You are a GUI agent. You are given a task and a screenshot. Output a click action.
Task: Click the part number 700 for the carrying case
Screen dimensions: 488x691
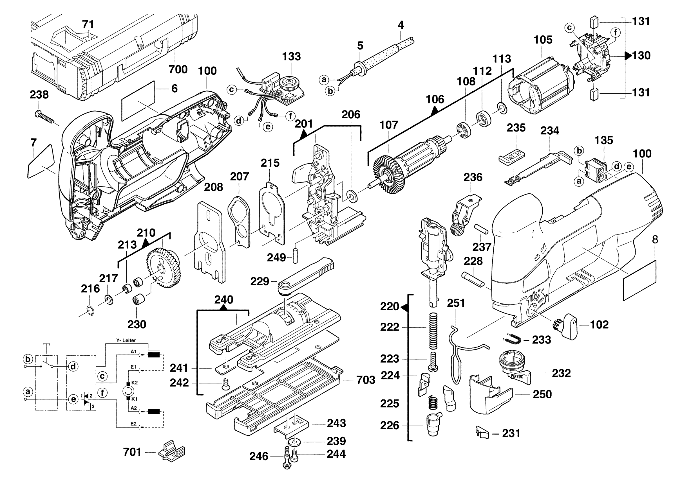click(178, 69)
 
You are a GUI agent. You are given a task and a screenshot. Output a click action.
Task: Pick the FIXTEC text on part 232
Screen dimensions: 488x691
click(517, 376)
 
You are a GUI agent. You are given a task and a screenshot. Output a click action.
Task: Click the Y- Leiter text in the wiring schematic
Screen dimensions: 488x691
click(126, 340)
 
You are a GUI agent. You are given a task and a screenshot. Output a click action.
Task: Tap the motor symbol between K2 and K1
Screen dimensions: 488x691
click(128, 391)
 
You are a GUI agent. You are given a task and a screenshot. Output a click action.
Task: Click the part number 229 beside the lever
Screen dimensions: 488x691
click(260, 282)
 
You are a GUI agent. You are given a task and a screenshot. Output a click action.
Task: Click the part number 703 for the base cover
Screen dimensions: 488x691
click(366, 380)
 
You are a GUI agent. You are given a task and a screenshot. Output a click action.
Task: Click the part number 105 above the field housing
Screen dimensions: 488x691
click(543, 40)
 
